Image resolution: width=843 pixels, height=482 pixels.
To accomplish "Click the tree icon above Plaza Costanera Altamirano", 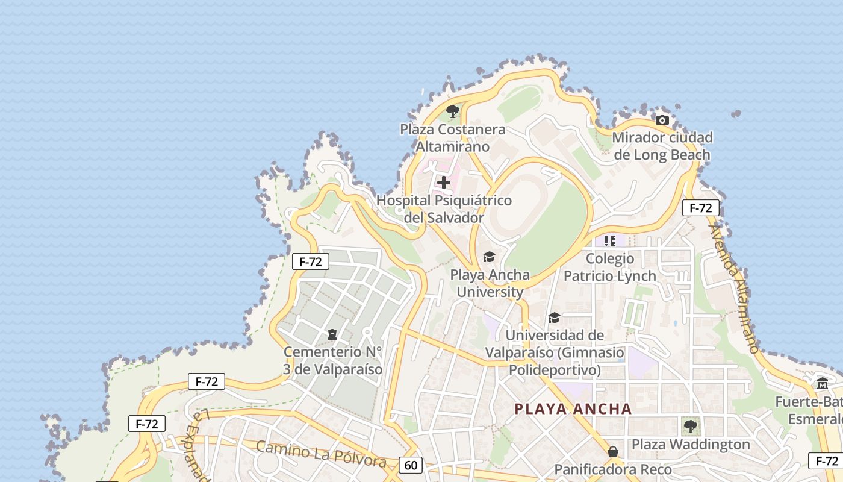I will pyautogui.click(x=453, y=111).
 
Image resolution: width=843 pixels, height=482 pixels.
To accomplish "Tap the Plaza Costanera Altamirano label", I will pyautogui.click(x=453, y=138).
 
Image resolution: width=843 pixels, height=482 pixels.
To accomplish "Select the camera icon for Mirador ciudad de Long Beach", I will pyautogui.click(x=662, y=120).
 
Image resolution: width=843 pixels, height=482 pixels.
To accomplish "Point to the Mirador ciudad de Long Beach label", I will pyautogui.click(x=662, y=146).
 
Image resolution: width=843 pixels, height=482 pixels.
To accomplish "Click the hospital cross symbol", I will pyautogui.click(x=444, y=183).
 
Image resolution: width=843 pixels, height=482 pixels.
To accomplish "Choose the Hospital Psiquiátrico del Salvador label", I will pyautogui.click(x=444, y=209).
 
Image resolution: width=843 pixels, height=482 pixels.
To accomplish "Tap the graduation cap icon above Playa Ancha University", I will pyautogui.click(x=489, y=257).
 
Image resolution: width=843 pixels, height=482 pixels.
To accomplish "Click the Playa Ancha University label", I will pyautogui.click(x=490, y=283).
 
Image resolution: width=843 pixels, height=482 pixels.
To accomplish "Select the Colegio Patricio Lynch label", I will pyautogui.click(x=610, y=267).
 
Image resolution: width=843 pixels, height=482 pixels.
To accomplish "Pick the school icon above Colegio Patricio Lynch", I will pyautogui.click(x=609, y=241).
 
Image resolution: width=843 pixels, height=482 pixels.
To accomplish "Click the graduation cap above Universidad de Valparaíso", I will pyautogui.click(x=554, y=318).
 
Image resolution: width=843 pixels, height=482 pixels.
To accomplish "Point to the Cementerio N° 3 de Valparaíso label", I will pyautogui.click(x=333, y=360).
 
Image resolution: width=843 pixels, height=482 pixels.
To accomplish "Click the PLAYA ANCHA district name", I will pyautogui.click(x=573, y=409).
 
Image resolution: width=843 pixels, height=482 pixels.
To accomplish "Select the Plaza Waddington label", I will pyautogui.click(x=691, y=445).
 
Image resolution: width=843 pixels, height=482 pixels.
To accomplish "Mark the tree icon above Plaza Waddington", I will pyautogui.click(x=691, y=427).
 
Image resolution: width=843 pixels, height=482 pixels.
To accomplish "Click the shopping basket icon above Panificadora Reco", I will pyautogui.click(x=613, y=452).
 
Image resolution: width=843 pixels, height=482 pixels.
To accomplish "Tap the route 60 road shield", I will pyautogui.click(x=411, y=465).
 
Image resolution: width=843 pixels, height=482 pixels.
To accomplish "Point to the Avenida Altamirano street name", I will pyautogui.click(x=735, y=289).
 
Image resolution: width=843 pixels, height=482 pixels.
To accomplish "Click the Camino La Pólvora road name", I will pyautogui.click(x=320, y=454).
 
